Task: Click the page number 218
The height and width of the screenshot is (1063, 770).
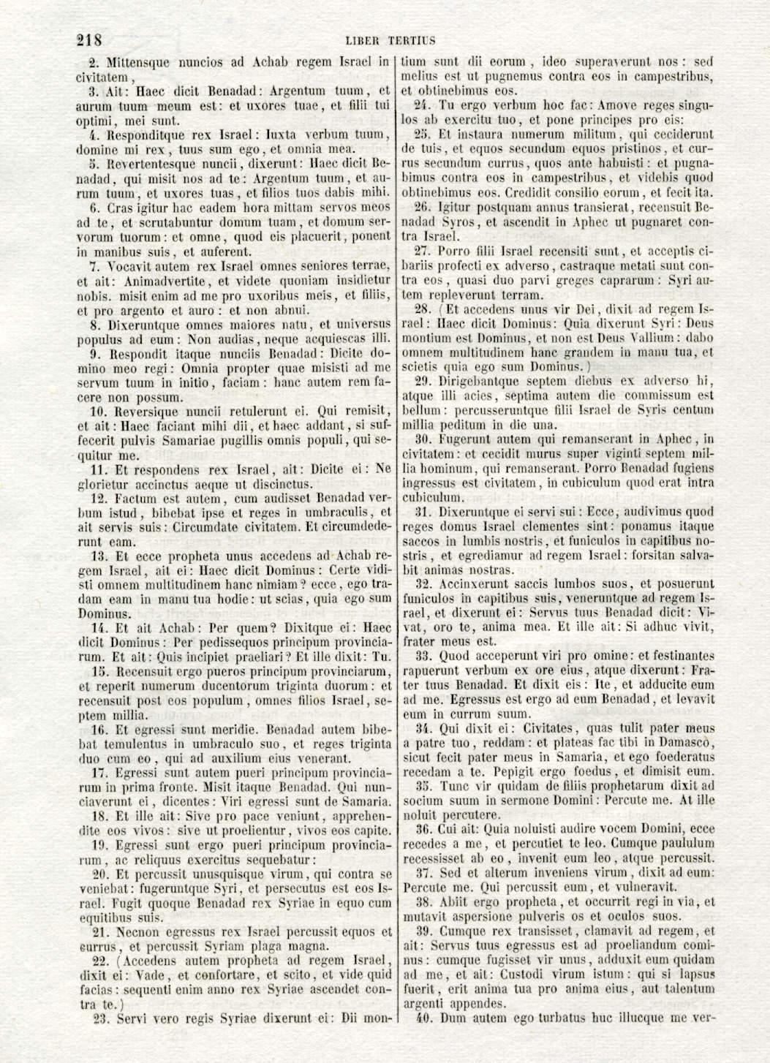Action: (x=89, y=39)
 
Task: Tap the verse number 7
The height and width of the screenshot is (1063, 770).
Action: (x=94, y=266)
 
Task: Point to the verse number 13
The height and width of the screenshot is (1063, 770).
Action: (x=99, y=556)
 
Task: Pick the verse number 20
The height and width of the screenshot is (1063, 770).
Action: (x=99, y=874)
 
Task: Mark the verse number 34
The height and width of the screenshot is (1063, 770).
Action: (x=423, y=729)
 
